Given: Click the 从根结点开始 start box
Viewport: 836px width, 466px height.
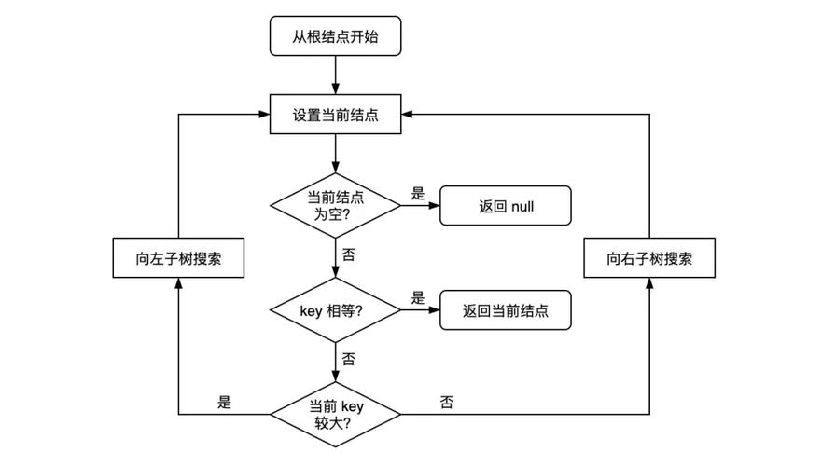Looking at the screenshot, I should tap(335, 37).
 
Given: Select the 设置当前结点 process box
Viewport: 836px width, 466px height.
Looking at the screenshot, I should tap(335, 116).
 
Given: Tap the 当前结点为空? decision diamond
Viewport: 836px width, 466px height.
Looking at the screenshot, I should tap(335, 206).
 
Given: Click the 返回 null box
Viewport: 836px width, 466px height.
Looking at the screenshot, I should tap(505, 206).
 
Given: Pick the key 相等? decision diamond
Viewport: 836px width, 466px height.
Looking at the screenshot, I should tap(335, 310).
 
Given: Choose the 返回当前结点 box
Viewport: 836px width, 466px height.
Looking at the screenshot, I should tap(505, 310).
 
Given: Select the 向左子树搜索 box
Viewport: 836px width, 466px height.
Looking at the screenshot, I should tap(178, 258).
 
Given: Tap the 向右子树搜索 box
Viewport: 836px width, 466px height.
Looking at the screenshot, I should tap(648, 258).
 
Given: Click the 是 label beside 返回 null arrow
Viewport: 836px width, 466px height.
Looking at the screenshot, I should tap(417, 194).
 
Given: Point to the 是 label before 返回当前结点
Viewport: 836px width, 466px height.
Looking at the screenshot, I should tap(417, 298).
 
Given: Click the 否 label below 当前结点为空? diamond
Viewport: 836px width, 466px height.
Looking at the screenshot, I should tap(348, 254).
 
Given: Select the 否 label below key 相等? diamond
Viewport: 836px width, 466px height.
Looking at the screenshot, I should tap(348, 358).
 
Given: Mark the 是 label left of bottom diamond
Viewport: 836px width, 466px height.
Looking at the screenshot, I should tap(224, 403).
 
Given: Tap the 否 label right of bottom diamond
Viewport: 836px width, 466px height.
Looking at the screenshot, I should tap(446, 403).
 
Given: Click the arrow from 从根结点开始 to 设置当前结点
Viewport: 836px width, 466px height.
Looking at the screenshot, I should tap(335, 76).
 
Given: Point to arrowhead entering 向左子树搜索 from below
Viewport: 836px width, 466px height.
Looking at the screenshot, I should tap(178, 284).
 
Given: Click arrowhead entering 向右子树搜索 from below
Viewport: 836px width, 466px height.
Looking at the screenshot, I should tap(648, 284).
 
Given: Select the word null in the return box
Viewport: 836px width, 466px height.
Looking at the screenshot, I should tap(522, 206).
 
